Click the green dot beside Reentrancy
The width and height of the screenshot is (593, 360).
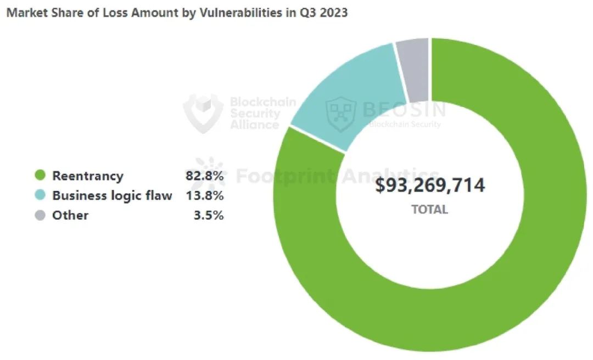click(40, 176)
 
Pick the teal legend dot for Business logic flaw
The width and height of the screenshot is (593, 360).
click(40, 195)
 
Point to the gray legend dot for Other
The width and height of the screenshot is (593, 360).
click(40, 215)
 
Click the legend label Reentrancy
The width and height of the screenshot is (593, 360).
click(88, 176)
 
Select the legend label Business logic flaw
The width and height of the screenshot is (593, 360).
click(112, 195)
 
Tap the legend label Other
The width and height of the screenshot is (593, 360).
click(70, 215)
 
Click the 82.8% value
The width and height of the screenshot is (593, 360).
click(204, 176)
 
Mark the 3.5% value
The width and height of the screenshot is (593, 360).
click(209, 215)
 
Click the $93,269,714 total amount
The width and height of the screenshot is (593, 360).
click(430, 185)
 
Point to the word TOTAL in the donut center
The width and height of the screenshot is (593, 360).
click(430, 209)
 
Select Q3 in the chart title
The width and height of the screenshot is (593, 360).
click(305, 13)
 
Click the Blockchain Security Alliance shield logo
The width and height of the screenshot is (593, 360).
click(203, 113)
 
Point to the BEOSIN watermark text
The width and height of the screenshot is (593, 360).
click(404, 109)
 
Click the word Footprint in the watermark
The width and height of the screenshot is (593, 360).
click(286, 176)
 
